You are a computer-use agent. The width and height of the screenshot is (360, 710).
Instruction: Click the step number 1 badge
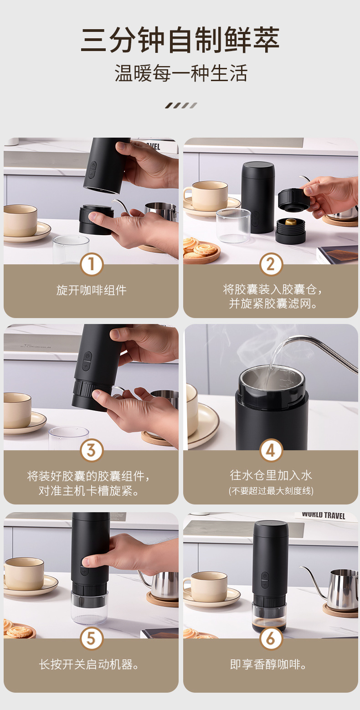92,264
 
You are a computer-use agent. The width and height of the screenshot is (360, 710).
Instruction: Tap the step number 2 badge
271,264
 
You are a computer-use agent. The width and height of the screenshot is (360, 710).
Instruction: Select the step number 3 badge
92,450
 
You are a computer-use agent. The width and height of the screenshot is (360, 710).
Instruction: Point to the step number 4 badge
271,450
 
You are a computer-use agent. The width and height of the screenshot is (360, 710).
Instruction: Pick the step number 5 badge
92,639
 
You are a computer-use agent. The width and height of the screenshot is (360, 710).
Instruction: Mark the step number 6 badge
271,639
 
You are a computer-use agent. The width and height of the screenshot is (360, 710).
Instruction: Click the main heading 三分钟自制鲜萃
180,40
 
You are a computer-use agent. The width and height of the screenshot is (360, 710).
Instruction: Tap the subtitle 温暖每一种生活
180,73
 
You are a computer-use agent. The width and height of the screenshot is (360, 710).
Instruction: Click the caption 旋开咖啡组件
92,290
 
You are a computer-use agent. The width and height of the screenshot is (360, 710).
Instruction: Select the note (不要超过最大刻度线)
271,491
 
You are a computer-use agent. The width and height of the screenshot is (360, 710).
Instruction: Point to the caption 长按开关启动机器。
89,665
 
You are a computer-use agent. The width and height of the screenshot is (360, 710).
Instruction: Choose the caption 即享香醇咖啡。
268,665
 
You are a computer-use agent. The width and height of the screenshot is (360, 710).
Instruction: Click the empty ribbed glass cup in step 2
233,226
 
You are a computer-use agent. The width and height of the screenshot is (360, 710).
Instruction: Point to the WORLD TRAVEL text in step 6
323,515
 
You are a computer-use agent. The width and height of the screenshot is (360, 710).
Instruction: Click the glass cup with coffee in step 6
269,616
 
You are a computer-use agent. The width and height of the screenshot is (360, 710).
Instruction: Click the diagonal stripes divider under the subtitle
181,106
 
